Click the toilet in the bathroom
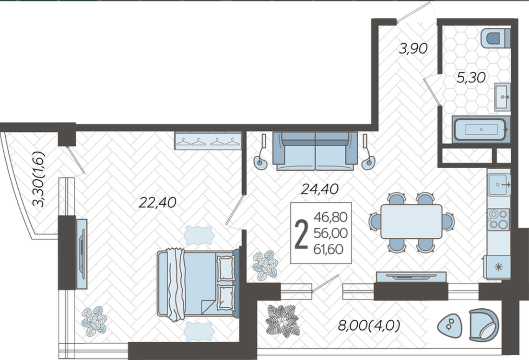coord(495,38)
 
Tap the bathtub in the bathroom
coord(481,129)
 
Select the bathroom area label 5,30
coord(471,78)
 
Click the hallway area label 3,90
coord(413,49)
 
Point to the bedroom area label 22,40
coord(158,202)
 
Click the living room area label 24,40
coord(319,189)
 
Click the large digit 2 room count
coord(301,233)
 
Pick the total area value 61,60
coord(328,249)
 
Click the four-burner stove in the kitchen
coord(499,220)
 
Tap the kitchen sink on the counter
coord(499,185)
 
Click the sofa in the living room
coord(315,151)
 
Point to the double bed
coord(198,284)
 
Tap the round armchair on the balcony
coord(484,325)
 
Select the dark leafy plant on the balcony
coord(282,321)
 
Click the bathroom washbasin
coord(502,97)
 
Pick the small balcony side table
coord(449,326)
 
